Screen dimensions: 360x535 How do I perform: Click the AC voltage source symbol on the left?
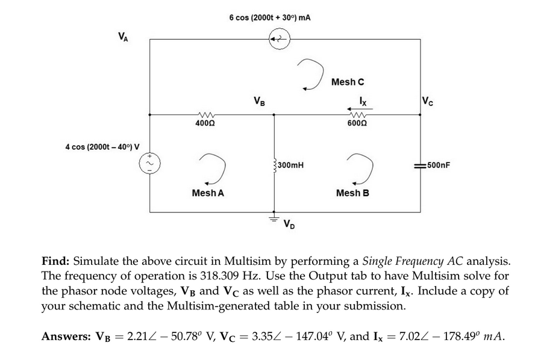pyautogui.click(x=149, y=163)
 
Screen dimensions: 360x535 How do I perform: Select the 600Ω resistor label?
pyautogui.click(x=355, y=123)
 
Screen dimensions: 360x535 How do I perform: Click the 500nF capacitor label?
pyautogui.click(x=438, y=164)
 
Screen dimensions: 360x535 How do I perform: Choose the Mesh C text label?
pyautogui.click(x=348, y=81)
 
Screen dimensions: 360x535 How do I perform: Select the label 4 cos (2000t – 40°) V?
pyautogui.click(x=102, y=146)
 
